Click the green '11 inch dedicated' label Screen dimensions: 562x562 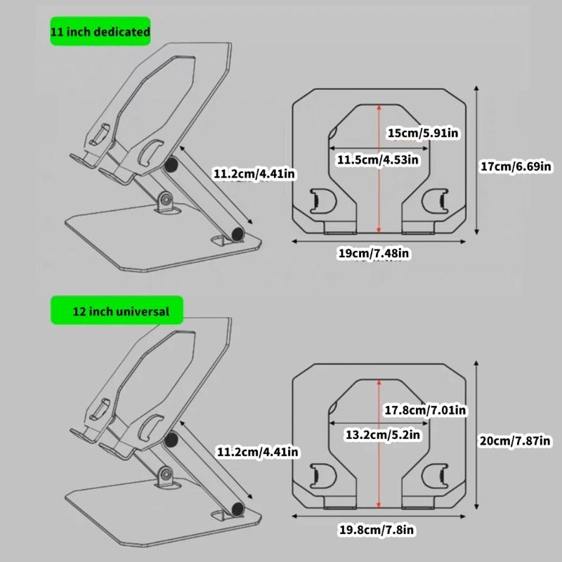click(100, 32)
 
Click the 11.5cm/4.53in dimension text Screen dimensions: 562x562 click(377, 159)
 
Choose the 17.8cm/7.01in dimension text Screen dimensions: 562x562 click(426, 410)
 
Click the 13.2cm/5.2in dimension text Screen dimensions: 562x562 click(383, 436)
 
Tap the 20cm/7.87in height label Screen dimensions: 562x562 click(516, 440)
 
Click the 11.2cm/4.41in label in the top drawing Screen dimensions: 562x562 click(254, 173)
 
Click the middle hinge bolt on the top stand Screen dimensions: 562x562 click(166, 200)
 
